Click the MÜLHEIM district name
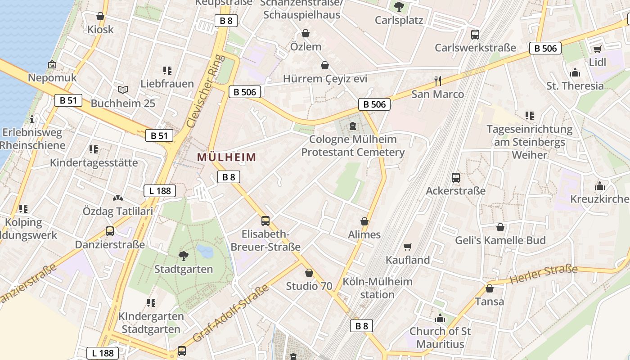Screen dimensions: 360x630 pyautogui.click(x=226, y=157)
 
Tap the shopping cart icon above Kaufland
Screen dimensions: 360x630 pyautogui.click(x=408, y=247)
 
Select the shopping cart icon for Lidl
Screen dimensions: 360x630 pyautogui.click(x=597, y=49)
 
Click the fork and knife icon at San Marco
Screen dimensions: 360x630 pyautogui.click(x=437, y=81)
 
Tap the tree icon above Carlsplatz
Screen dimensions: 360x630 pyautogui.click(x=399, y=7)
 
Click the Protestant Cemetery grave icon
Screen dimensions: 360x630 pyautogui.click(x=353, y=126)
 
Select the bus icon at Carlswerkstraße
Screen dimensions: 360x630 pyautogui.click(x=475, y=35)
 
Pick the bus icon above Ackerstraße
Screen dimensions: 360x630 pyautogui.click(x=456, y=178)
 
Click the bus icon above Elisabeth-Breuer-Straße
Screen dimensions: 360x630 pyautogui.click(x=265, y=221)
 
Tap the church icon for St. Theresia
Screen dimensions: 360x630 pyautogui.click(x=575, y=73)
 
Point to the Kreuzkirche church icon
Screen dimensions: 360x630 pyautogui.click(x=599, y=186)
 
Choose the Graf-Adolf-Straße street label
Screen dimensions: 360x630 pyautogui.click(x=230, y=313)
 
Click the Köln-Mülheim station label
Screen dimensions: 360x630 pyautogui.click(x=378, y=288)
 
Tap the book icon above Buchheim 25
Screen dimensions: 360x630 pyautogui.click(x=123, y=90)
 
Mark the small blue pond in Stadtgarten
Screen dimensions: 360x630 pyautogui.click(x=205, y=251)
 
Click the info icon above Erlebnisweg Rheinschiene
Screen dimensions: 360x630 pyautogui.click(x=32, y=119)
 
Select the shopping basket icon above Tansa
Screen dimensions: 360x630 pyautogui.click(x=489, y=288)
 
